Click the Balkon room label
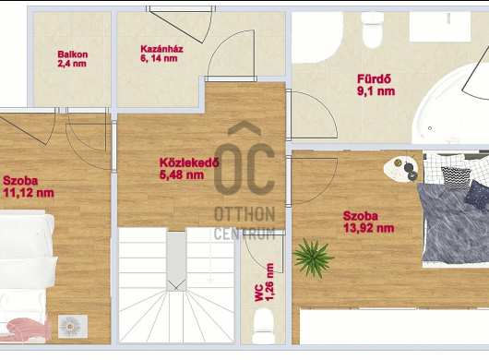pyautogui.click(x=72, y=59)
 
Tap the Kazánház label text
pyautogui.click(x=161, y=54)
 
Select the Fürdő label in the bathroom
pyautogui.click(x=376, y=85)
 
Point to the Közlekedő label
pyautogui.click(x=189, y=168)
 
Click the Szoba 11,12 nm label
pyautogui.click(x=29, y=186)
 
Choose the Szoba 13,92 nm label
pyautogui.click(x=368, y=222)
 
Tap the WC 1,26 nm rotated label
pyautogui.click(x=265, y=282)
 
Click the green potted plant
pyautogui.click(x=313, y=258)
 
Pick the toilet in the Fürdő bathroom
pyautogui.click(x=373, y=30)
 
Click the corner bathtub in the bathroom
pyautogui.click(x=450, y=104)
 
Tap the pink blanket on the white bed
pyautogui.click(x=27, y=330)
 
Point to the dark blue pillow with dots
pyautogui.click(x=476, y=195)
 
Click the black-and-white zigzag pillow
pyautogui.click(x=456, y=178)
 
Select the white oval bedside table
pyautogui.click(x=400, y=168)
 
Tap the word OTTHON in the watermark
pyautogui.click(x=244, y=214)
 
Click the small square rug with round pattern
pyautogui.click(x=73, y=327)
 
